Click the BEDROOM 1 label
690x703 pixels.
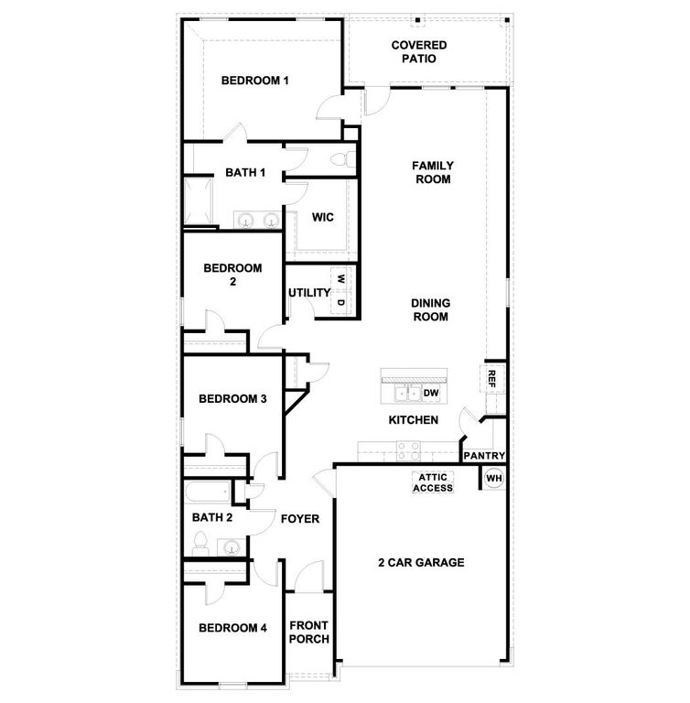click(x=255, y=81)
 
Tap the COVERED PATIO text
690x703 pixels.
click(x=419, y=51)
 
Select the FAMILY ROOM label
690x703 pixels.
click(x=433, y=172)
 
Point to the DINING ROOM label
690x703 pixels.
click(x=429, y=309)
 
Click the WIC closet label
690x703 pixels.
click(x=322, y=217)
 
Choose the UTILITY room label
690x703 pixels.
click(x=309, y=293)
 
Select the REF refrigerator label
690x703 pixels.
click(x=491, y=378)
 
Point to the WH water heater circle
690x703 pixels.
click(x=494, y=478)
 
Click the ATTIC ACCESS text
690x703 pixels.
click(x=433, y=482)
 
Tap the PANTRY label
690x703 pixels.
click(x=485, y=456)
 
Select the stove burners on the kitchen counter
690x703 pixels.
click(x=408, y=449)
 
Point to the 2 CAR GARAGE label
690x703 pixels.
click(x=422, y=563)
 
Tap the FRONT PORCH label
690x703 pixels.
click(x=309, y=633)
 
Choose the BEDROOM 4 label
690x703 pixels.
click(x=233, y=628)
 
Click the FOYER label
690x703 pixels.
click(x=300, y=519)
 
